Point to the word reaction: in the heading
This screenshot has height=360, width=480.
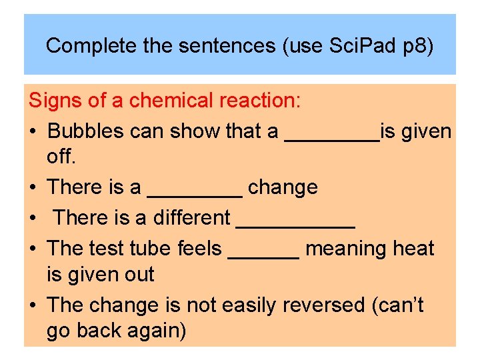260,101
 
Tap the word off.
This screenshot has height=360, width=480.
62,157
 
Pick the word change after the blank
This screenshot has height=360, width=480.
283,188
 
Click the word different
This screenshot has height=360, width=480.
192,217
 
